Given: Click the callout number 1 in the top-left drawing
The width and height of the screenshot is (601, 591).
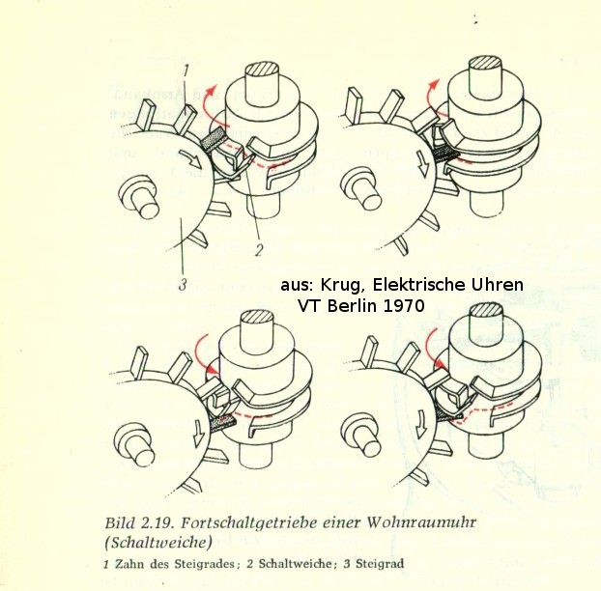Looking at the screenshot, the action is [186, 71].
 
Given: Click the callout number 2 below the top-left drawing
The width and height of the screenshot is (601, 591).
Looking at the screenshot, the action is [259, 250].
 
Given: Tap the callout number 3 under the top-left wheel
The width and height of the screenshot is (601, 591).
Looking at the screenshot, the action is [183, 285].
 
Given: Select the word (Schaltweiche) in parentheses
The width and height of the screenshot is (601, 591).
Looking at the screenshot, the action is [157, 543].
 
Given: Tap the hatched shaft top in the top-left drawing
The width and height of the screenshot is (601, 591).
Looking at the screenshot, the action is [262, 70].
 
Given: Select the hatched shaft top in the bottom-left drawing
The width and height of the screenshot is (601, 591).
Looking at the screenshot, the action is [257, 318].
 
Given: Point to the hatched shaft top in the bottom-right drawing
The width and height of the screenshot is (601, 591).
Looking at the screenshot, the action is [486, 310].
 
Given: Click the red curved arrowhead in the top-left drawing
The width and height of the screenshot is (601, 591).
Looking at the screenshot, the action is [211, 91].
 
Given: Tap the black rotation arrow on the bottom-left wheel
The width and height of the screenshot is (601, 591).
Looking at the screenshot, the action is [199, 434].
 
